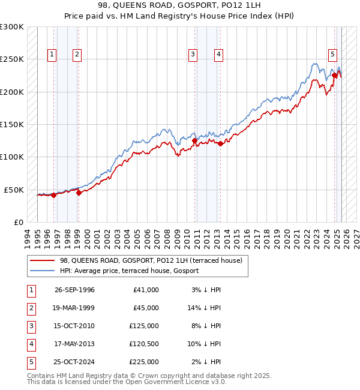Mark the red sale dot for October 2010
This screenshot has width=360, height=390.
[x=195, y=140]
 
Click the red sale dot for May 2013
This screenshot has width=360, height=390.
[x=221, y=143]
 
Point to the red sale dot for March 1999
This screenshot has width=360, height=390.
[x=79, y=193]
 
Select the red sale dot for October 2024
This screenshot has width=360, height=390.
[x=335, y=76]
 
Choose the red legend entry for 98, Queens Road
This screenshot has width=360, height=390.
[x=150, y=260]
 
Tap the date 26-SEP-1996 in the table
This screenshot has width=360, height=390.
[x=74, y=290]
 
